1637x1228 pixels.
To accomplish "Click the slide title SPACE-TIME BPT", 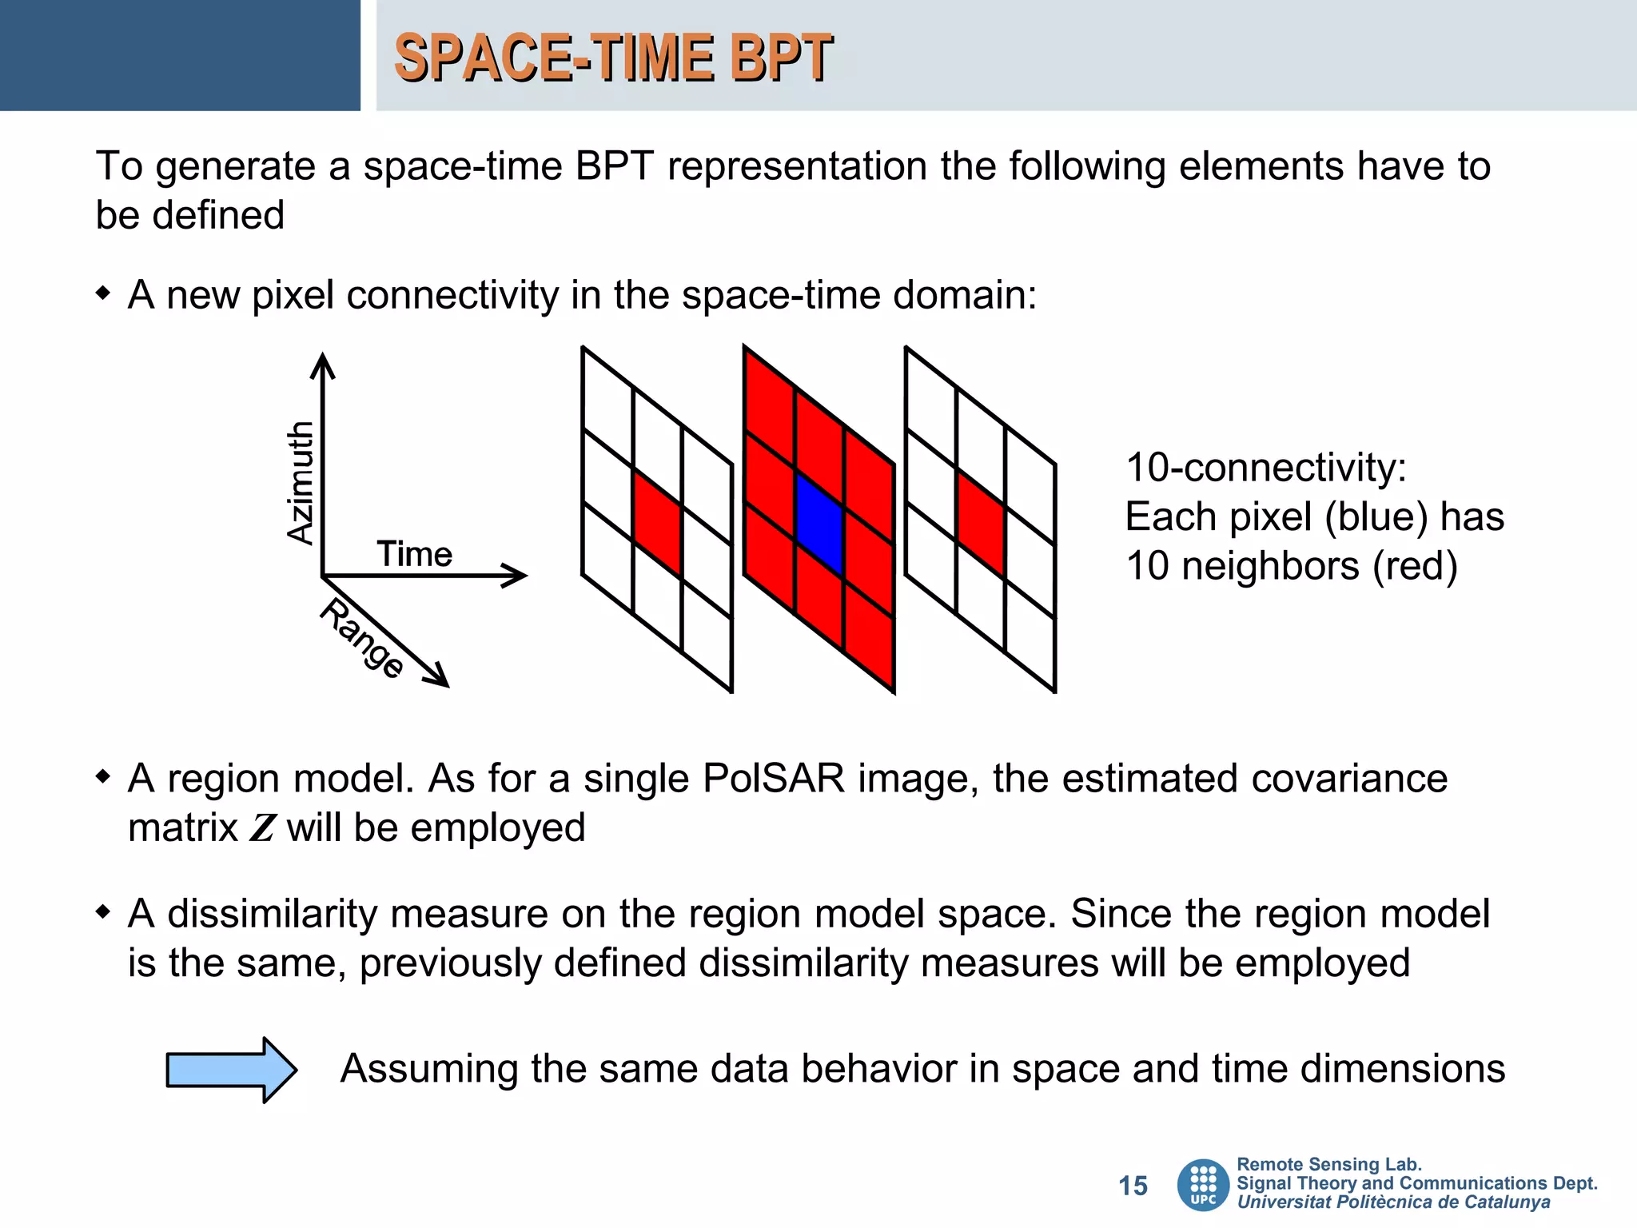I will (x=613, y=58).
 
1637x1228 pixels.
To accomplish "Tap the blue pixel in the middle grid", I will (x=820, y=524).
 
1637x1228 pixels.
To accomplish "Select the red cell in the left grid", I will (x=657, y=522).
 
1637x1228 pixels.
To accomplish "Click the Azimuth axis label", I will (x=301, y=483).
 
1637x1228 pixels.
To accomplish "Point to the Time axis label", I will (x=414, y=554).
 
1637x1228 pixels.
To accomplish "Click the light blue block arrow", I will (x=231, y=1070).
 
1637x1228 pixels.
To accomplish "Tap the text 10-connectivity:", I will (x=1265, y=468).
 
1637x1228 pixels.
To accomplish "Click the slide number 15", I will (x=1133, y=1186).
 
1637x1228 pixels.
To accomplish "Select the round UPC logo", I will (x=1203, y=1185).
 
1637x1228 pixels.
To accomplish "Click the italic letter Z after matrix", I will (x=262, y=828).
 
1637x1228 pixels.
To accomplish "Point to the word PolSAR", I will (x=773, y=778).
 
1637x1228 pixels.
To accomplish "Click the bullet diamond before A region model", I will (x=102, y=776).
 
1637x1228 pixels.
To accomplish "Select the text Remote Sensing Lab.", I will (x=1328, y=1164).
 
